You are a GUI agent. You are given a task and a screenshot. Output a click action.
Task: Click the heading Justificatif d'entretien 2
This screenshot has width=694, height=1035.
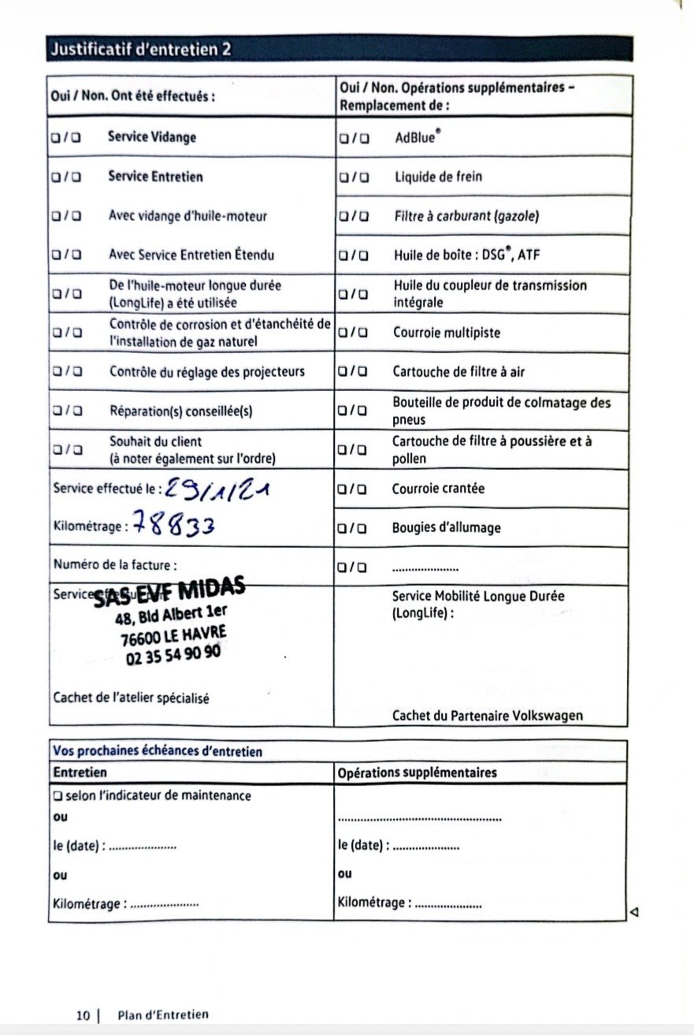pyautogui.click(x=141, y=49)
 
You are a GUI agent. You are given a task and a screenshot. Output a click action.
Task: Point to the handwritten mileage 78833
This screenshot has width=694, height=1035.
pyautogui.click(x=173, y=523)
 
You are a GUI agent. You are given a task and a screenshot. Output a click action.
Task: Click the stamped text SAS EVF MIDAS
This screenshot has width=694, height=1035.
pyautogui.click(x=169, y=591)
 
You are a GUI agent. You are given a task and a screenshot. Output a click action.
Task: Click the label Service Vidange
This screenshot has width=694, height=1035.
pyautogui.click(x=152, y=137)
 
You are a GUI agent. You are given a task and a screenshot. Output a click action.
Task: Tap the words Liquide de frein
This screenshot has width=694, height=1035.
pyautogui.click(x=438, y=177)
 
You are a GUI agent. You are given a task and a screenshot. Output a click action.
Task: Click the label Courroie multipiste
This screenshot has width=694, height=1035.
pyautogui.click(x=447, y=333)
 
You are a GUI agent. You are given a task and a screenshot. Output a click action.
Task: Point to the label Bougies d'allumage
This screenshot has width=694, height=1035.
pyautogui.click(x=446, y=527)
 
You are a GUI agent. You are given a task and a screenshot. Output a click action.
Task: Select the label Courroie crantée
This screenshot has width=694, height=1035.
pyautogui.click(x=438, y=489)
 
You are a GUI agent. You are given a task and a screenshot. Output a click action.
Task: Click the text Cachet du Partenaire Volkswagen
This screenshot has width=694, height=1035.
pyautogui.click(x=488, y=716)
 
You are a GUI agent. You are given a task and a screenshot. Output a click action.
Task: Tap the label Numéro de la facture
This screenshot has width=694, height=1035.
pyautogui.click(x=115, y=564)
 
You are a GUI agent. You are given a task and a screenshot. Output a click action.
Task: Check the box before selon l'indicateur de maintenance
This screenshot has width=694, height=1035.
pyautogui.click(x=58, y=796)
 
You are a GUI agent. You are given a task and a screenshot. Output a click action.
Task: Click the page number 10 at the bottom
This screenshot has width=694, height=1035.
pyautogui.click(x=84, y=1015)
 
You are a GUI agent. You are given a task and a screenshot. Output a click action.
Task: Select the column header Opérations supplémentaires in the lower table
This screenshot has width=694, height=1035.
pyautogui.click(x=418, y=773)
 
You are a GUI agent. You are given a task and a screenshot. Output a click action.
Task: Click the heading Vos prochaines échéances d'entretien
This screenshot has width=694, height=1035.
pyautogui.click(x=158, y=751)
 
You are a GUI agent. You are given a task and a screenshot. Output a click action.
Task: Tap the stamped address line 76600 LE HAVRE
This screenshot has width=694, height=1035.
pyautogui.click(x=174, y=635)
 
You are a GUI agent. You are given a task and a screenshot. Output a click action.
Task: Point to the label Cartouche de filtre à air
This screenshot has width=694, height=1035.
pyautogui.click(x=458, y=371)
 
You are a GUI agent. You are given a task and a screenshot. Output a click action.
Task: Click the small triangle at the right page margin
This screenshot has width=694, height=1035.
pyautogui.click(x=634, y=912)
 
